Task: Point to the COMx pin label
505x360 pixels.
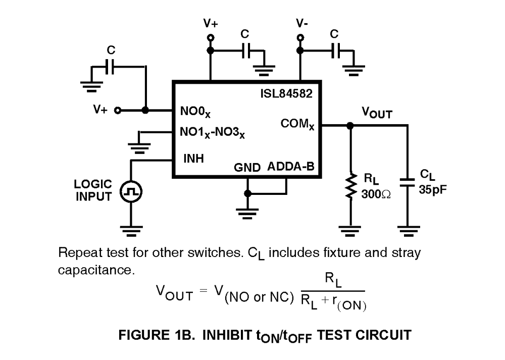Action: coord(297,124)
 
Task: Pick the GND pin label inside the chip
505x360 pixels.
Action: coord(247,168)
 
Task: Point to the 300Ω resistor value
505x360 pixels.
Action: coord(376,194)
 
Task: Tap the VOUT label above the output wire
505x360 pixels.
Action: coord(376,113)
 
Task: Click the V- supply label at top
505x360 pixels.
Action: coord(302,23)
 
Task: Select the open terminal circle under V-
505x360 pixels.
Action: coord(301,37)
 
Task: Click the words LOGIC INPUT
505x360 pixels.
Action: coord(94,190)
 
